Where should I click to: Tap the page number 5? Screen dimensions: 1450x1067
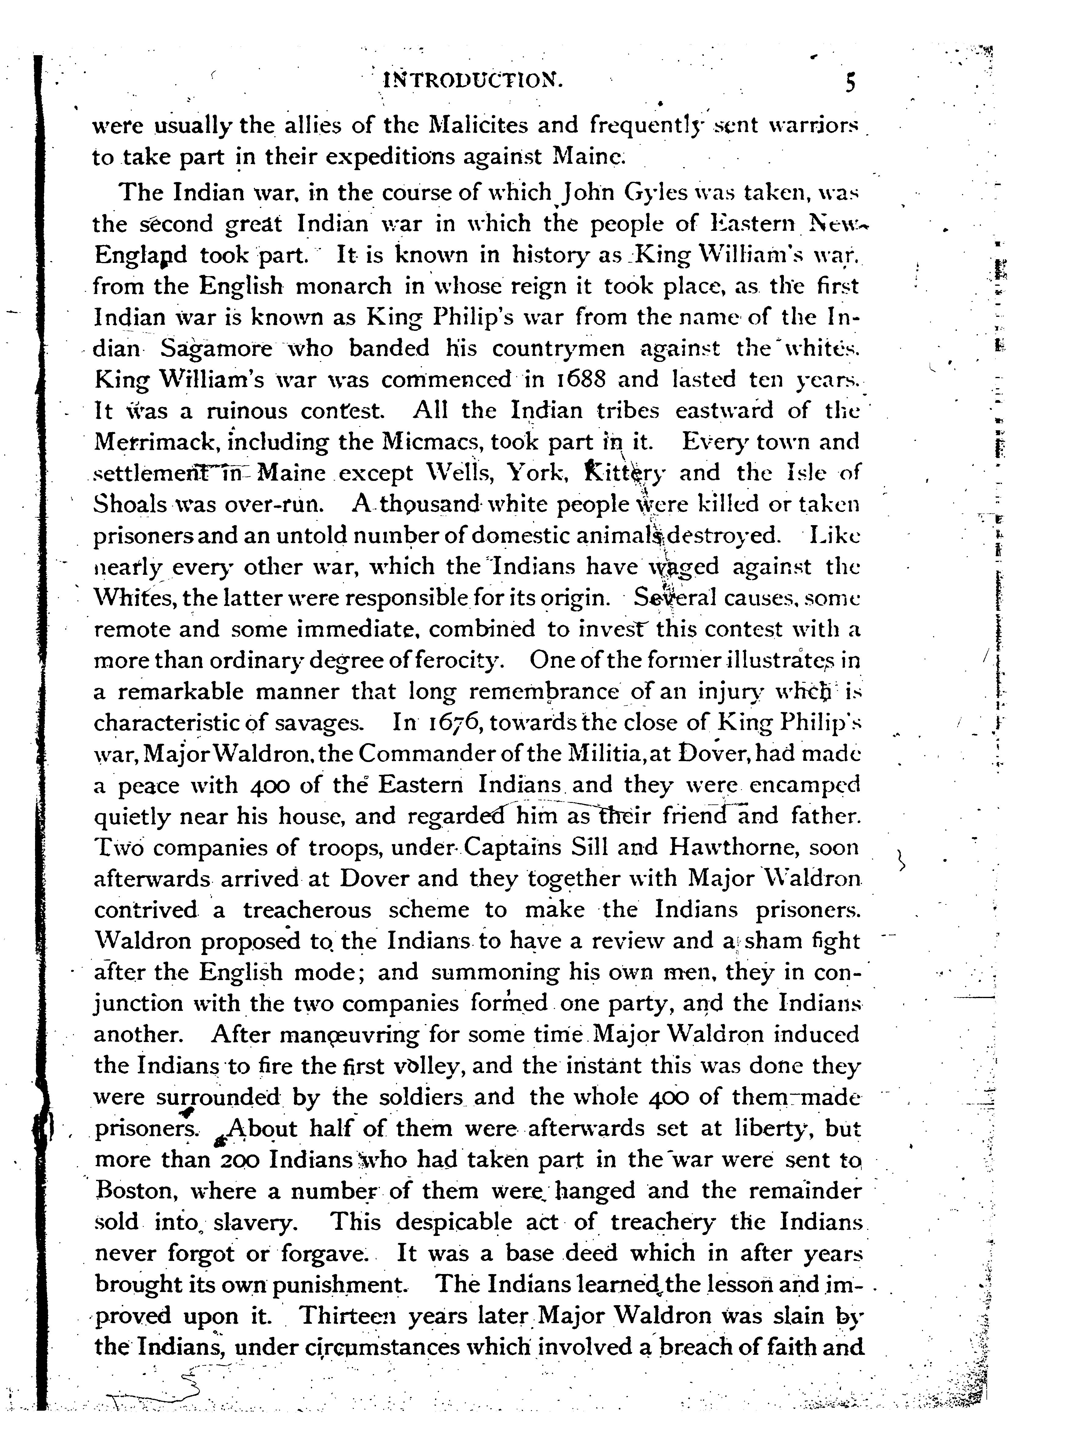850,81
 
